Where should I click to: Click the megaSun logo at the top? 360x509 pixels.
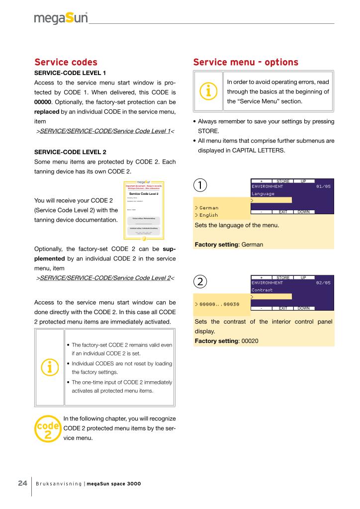pyautogui.click(x=61, y=19)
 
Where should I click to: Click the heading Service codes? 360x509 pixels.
pyautogui.click(x=66, y=62)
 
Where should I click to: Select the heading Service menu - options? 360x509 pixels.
pyautogui.click(x=246, y=62)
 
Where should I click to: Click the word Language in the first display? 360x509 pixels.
pyautogui.click(x=263, y=193)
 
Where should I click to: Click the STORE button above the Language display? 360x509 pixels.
pyautogui.click(x=283, y=180)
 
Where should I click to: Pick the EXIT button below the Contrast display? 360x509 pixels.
pyautogui.click(x=283, y=308)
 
